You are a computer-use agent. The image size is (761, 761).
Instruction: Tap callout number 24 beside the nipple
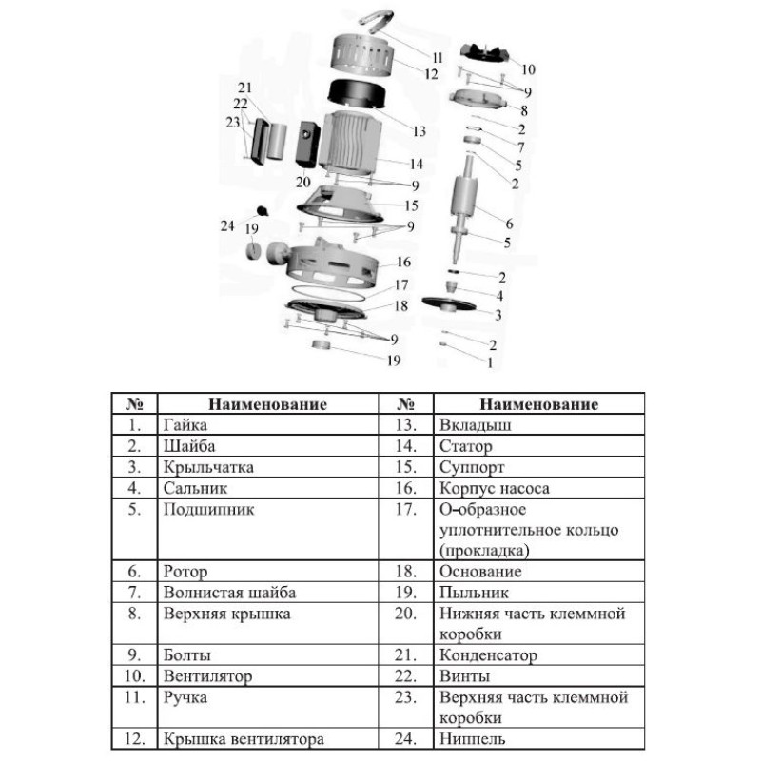226,225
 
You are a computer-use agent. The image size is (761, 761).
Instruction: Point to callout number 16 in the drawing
403,262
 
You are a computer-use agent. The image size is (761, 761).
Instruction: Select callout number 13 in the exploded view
419,130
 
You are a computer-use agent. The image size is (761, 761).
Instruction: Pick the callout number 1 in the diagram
490,361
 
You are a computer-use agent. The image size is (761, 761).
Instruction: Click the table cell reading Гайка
185,425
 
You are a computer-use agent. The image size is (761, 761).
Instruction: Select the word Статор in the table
464,446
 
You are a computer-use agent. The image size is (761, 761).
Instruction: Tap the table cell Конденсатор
487,655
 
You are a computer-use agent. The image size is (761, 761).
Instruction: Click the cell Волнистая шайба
216,593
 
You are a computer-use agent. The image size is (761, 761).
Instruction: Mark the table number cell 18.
406,572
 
